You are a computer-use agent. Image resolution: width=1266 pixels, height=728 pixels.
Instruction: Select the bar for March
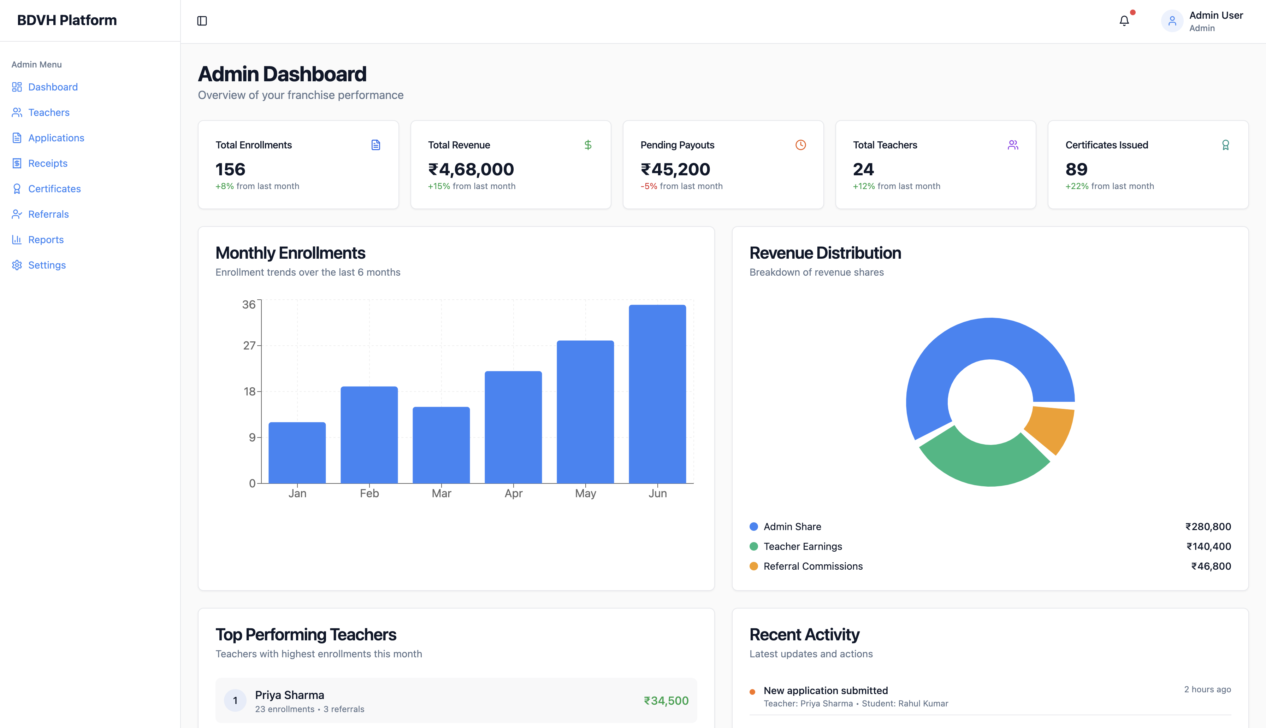[441, 445]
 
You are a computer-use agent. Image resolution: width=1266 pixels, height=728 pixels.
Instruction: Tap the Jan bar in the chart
[297, 452]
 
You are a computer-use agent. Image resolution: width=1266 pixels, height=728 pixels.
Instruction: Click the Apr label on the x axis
[513, 493]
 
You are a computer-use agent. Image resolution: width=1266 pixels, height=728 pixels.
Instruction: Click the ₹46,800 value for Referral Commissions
[1211, 566]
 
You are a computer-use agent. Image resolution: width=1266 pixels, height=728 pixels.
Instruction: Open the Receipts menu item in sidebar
[47, 164]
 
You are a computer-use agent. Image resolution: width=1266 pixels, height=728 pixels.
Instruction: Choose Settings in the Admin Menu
[47, 265]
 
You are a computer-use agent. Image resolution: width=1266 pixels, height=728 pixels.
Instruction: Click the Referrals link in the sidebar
[48, 214]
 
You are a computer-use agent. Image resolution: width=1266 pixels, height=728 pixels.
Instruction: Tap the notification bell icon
[1124, 21]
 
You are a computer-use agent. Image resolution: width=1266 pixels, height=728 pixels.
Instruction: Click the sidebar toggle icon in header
[202, 21]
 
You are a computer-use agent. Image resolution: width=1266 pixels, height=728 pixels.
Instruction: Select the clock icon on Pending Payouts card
[800, 145]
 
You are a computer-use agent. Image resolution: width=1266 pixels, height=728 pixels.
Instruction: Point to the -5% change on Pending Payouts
[649, 186]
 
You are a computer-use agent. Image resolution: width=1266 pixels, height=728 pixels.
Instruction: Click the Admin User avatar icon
[1172, 21]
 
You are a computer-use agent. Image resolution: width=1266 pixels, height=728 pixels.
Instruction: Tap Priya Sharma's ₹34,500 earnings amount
[666, 700]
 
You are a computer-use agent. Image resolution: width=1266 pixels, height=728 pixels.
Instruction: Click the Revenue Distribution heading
[825, 253]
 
